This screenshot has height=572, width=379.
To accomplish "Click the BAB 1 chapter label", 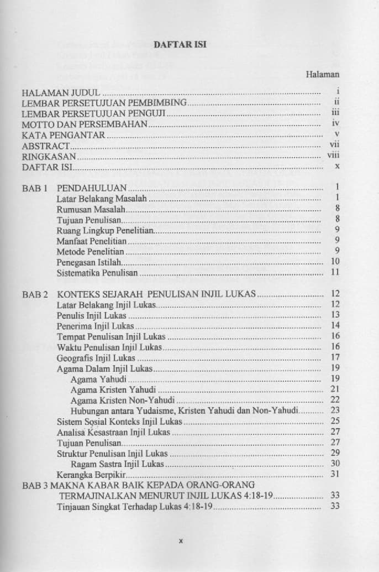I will coord(34,187).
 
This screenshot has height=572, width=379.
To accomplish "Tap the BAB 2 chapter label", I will coord(34,294).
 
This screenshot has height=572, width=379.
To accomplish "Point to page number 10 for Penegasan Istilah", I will coord(335,262).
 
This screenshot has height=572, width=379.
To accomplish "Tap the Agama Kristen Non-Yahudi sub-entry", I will coord(123,399).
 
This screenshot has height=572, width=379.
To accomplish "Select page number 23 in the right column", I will coord(335,410).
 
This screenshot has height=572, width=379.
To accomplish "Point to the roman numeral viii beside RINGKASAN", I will coord(333,156).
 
